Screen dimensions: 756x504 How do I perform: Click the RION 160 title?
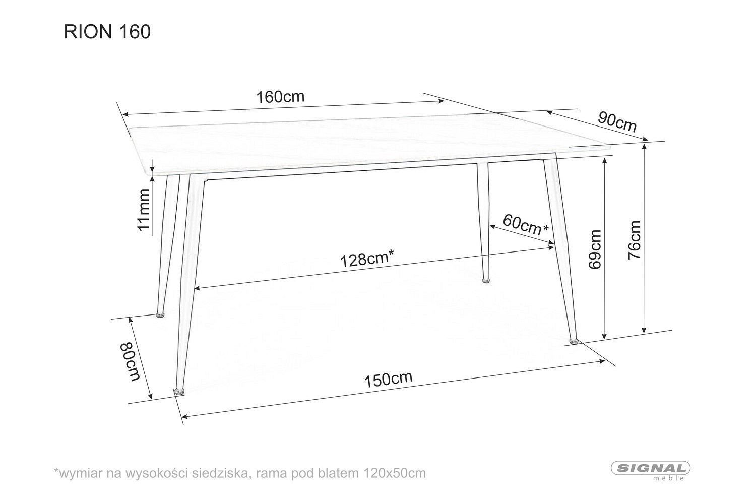[x=107, y=32]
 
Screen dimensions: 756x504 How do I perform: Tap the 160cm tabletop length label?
[x=280, y=97]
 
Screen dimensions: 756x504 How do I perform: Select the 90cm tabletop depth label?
[x=617, y=121]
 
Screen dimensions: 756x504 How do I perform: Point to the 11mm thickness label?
[x=144, y=209]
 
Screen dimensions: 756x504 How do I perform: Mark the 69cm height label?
[x=595, y=249]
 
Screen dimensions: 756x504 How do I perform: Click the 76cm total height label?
[x=634, y=240]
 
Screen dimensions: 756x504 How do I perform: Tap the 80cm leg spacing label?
[x=130, y=361]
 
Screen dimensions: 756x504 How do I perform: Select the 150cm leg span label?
[x=388, y=380]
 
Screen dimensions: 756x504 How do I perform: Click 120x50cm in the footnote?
[x=395, y=473]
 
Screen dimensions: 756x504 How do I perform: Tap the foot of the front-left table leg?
[x=179, y=392]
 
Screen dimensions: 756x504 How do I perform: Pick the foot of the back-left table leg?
[x=160, y=315]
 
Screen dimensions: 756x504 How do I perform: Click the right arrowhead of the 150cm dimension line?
[x=602, y=361]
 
